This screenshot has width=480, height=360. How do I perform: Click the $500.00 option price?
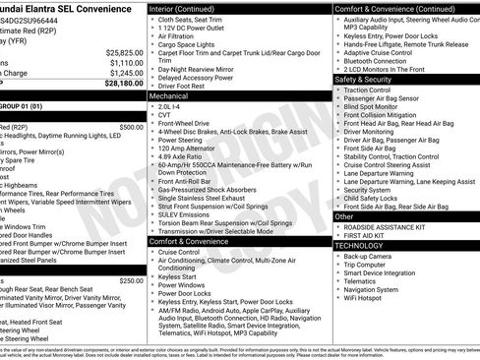[x=129, y=126]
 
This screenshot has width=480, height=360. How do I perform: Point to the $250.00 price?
[x=129, y=280]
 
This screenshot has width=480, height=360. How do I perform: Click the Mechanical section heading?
[x=169, y=96]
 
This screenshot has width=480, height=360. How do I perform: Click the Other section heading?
[x=344, y=215]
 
